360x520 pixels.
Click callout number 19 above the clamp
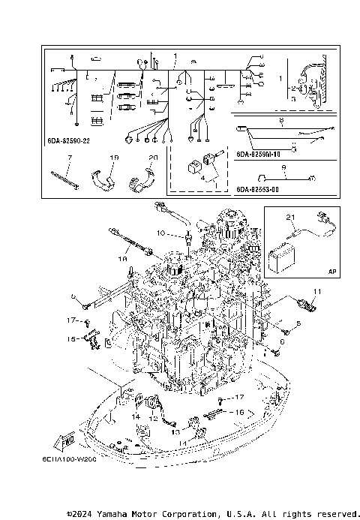[115, 158]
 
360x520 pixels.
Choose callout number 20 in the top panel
[153, 158]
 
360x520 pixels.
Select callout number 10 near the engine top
[160, 234]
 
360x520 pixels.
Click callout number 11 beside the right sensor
[316, 291]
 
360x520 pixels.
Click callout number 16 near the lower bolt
[239, 412]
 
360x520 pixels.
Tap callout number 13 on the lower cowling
[174, 431]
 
